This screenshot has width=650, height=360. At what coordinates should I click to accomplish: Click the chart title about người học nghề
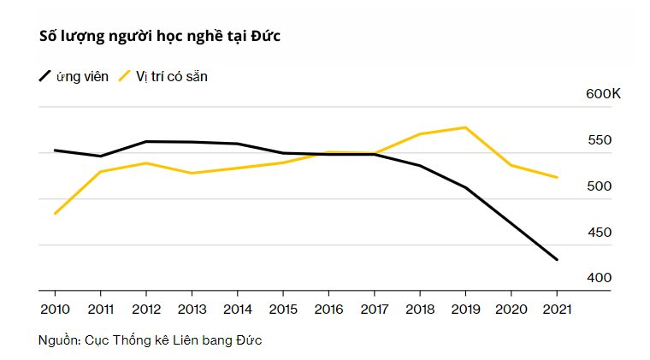pyautogui.click(x=161, y=36)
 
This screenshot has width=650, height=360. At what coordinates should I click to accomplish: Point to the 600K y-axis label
pyautogui.click(x=603, y=93)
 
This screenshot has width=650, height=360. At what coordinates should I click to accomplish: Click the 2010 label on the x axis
pyautogui.click(x=55, y=308)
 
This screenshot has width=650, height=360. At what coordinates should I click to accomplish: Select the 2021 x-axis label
pyautogui.click(x=558, y=308)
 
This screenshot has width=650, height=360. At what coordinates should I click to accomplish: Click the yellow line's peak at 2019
pyautogui.click(x=464, y=127)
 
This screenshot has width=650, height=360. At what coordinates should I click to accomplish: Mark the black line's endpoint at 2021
pyautogui.click(x=558, y=259)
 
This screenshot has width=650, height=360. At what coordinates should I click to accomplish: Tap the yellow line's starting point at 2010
pyautogui.click(x=55, y=213)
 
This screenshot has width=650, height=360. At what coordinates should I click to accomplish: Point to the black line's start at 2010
pyautogui.click(x=55, y=150)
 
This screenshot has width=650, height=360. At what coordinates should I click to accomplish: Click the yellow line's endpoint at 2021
pyautogui.click(x=558, y=177)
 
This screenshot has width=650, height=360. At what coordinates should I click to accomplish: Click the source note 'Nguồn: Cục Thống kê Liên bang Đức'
pyautogui.click(x=151, y=340)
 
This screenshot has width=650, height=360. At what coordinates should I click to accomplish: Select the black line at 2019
pyautogui.click(x=464, y=187)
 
